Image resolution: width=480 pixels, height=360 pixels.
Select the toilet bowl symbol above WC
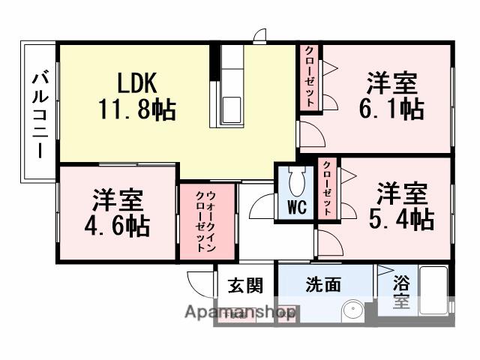[x=297, y=180]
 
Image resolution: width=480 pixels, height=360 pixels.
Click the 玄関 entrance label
[x=245, y=285]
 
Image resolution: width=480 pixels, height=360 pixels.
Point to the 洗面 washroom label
[x=323, y=285]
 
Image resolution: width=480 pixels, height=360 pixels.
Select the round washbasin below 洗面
[x=351, y=311]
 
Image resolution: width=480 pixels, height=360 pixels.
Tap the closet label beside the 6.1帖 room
[x=310, y=77]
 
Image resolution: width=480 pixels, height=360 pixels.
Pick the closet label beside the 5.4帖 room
[x=327, y=187]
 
